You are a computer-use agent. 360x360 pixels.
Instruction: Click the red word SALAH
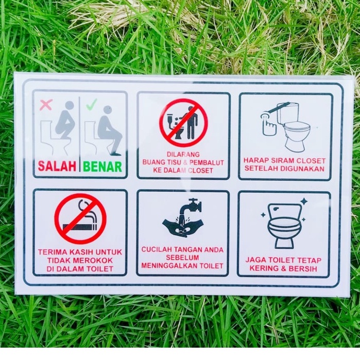pyautogui.click(x=57, y=166)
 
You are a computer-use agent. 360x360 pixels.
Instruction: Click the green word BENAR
pyautogui.click(x=102, y=166)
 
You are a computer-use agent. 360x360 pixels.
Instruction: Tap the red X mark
pyautogui.click(x=46, y=105)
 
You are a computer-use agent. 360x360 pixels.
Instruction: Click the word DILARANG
pyautogui.click(x=183, y=154)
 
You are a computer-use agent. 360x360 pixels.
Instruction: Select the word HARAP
pyautogui.click(x=256, y=161)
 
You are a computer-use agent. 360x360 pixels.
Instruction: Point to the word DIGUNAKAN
pyautogui.click(x=304, y=168)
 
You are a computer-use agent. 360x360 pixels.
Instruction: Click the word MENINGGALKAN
pyautogui.click(x=172, y=266)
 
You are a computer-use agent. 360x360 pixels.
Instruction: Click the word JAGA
pyautogui.click(x=255, y=260)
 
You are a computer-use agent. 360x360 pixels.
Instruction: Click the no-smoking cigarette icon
pyautogui.click(x=80, y=218)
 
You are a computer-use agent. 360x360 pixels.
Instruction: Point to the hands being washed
pyautogui.click(x=183, y=227)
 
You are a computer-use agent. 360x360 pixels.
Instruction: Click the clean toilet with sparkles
pyautogui.click(x=284, y=225)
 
